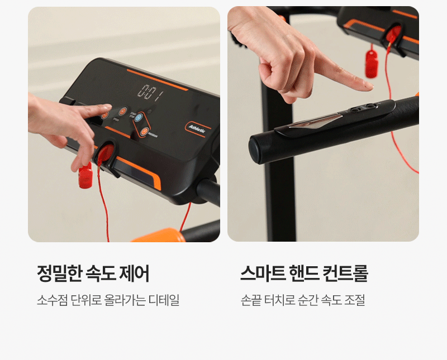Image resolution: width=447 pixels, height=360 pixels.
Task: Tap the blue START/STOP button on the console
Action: click(x=138, y=117)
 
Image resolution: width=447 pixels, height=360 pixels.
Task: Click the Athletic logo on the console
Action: click(x=197, y=129)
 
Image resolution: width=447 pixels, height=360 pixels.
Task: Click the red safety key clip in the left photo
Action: click(x=85, y=175)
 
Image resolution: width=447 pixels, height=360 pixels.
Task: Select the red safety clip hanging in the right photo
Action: click(x=372, y=64)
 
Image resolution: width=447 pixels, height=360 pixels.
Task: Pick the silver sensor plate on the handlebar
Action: click(x=315, y=122)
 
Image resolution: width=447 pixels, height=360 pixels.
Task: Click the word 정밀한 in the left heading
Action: click(x=59, y=273)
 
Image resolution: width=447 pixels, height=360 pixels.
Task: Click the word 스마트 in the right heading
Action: click(x=263, y=273)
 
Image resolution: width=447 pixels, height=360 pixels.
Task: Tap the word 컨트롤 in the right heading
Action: click(x=345, y=273)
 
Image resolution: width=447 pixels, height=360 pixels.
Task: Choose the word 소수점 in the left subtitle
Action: click(x=52, y=300)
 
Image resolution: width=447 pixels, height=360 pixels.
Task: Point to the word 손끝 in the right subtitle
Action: click(x=251, y=300)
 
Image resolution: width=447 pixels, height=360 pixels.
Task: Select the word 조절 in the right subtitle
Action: click(x=355, y=300)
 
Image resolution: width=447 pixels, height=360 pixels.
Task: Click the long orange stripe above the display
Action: click(x=158, y=79)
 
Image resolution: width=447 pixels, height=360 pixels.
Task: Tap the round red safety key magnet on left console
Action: click(x=106, y=153)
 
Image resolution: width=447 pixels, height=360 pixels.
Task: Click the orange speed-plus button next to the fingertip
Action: click(x=122, y=111)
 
